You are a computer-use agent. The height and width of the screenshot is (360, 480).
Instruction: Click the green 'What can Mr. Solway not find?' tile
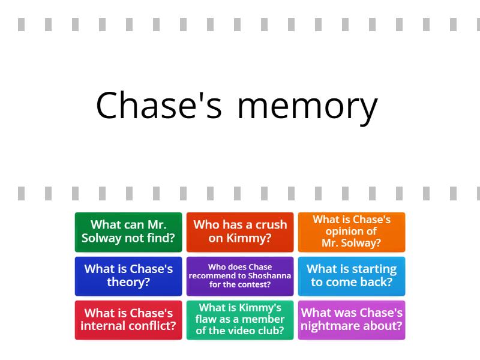[128, 232]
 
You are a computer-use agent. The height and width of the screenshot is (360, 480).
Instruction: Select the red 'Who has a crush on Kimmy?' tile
[240, 232]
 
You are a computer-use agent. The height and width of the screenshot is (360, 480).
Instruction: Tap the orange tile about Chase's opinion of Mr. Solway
[352, 232]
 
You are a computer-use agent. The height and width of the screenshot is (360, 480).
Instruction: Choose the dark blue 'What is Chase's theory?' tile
[128, 276]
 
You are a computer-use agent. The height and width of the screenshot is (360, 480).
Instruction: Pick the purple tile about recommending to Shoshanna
[240, 276]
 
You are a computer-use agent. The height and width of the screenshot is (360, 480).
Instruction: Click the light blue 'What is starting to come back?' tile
[352, 276]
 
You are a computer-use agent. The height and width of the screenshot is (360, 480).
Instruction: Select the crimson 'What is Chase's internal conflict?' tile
[128, 320]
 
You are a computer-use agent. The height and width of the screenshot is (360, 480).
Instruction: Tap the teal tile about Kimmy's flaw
[240, 320]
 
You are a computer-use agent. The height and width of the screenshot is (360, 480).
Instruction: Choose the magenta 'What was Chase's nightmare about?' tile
[352, 320]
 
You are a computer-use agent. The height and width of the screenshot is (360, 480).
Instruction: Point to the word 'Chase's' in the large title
[158, 104]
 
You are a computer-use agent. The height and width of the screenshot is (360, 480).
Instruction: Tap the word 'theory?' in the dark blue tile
[128, 282]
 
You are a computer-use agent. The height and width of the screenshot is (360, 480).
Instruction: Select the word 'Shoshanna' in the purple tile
[269, 276]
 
